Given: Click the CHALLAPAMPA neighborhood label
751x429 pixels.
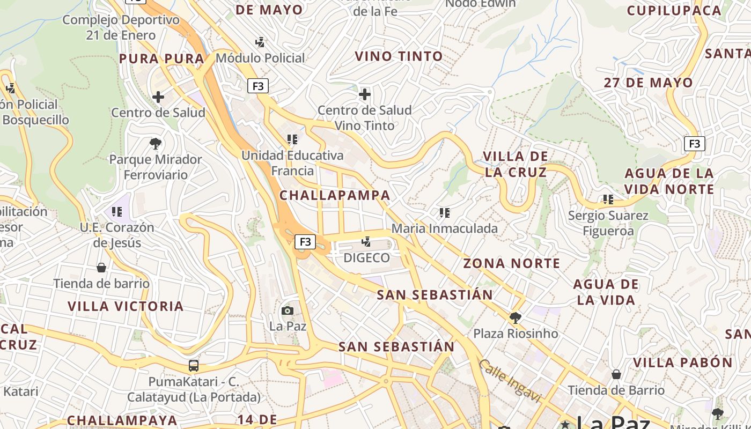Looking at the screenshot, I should (335, 195).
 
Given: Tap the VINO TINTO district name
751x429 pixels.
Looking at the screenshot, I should (399, 56).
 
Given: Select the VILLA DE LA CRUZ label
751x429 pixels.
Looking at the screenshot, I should (516, 164).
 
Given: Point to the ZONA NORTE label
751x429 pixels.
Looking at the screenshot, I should (512, 263).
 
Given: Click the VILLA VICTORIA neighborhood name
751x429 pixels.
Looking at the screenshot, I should (126, 306).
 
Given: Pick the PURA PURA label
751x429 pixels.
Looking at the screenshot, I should (161, 59).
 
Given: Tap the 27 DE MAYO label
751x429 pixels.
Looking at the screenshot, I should (649, 83).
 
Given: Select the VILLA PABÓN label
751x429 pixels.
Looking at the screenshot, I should (683, 363).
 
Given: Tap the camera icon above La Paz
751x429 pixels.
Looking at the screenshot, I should (288, 310).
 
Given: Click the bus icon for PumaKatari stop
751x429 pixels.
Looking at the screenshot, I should (194, 366).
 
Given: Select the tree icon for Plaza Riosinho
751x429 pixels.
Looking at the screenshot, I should (515, 318).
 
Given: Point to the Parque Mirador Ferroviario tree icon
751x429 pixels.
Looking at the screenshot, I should (156, 144).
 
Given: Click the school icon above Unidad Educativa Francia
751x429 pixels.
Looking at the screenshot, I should (292, 139).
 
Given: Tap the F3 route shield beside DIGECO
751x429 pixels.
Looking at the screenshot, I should (305, 242).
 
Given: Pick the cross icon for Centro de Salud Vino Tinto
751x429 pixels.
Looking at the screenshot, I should (365, 94).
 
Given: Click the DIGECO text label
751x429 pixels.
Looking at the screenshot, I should (366, 258).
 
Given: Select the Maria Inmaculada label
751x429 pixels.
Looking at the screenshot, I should (445, 228).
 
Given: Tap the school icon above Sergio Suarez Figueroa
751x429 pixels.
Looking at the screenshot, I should (608, 199).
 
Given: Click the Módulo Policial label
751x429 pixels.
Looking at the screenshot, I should (260, 58).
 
